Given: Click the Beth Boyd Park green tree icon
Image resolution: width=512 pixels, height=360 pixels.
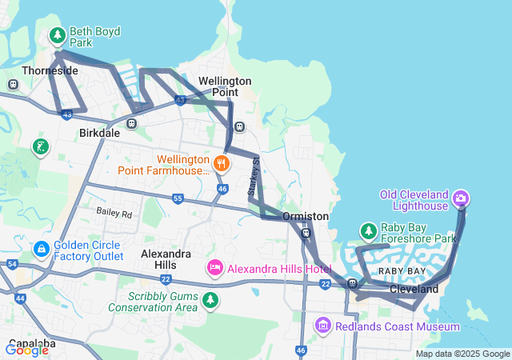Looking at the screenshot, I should point(57,35).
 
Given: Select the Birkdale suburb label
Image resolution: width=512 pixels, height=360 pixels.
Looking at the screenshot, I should point(99,133).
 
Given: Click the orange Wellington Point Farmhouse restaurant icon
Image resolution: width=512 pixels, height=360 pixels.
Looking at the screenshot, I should point(222,164).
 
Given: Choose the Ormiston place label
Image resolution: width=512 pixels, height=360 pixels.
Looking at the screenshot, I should point(306,216).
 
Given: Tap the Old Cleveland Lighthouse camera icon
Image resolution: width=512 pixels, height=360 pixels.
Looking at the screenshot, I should point(461,197).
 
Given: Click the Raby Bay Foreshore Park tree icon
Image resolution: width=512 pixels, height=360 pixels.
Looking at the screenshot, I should point(368,232).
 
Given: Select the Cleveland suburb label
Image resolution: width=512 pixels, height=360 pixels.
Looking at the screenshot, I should point(414,288).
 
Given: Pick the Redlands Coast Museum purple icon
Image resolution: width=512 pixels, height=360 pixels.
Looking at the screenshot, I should point(322,326).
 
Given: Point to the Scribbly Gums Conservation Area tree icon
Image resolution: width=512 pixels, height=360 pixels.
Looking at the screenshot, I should point(210,300).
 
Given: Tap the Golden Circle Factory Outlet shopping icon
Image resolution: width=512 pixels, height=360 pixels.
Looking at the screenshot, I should point(41,250).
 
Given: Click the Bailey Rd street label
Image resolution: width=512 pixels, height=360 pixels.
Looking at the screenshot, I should point(114,214).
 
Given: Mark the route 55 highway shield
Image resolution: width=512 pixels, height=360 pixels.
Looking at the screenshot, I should point(178,198).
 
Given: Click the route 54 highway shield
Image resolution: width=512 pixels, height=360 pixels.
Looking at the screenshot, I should point(11,263).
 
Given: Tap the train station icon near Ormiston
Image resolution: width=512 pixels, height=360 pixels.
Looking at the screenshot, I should point(306,233).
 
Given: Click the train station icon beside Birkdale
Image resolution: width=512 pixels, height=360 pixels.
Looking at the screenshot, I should point(131,123).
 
